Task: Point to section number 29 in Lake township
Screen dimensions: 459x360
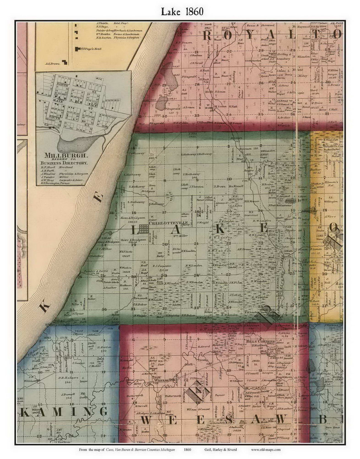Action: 165,275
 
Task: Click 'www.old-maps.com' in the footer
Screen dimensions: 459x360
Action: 265,449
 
